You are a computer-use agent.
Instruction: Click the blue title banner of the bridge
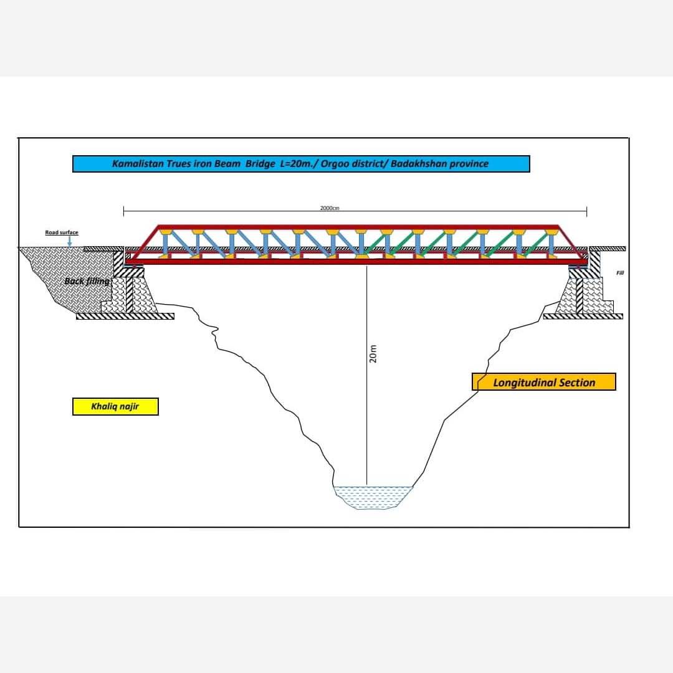coord(301,164)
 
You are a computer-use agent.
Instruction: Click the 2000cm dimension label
coord(330,208)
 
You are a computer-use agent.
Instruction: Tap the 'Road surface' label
coord(62,232)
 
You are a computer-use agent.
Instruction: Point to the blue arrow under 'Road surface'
coord(70,242)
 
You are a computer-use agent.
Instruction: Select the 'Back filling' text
coord(87,281)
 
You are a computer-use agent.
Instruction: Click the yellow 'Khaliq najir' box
coord(115,406)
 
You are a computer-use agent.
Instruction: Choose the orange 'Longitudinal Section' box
coord(544,382)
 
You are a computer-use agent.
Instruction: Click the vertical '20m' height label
coord(373,354)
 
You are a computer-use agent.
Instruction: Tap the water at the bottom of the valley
coord(373,498)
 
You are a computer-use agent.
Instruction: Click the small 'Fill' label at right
coord(620,273)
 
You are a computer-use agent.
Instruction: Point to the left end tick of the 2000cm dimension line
coord(123,211)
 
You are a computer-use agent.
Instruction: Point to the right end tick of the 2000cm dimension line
coord(587,211)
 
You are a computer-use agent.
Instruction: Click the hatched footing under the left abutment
coord(125,317)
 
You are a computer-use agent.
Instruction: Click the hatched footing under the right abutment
coord(583,317)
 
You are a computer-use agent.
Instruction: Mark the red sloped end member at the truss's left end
coord(143,244)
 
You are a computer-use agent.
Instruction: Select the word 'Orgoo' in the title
coord(335,163)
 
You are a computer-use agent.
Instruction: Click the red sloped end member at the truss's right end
coord(573,243)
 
